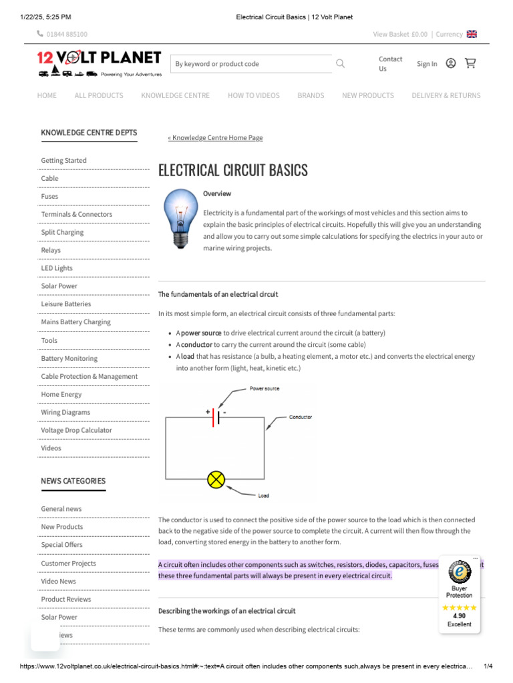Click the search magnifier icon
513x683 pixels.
coord(341,63)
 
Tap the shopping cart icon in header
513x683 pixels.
coord(470,63)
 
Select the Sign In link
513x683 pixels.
coord(427,64)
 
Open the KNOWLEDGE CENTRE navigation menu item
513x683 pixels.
coord(175,95)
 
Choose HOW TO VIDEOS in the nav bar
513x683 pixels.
coord(253,95)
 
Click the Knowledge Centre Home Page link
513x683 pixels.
coord(215,138)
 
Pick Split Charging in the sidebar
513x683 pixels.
coord(62,232)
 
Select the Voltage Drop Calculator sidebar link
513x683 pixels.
coord(76,430)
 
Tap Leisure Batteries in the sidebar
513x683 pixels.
coord(65,304)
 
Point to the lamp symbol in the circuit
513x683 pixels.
coord(216,480)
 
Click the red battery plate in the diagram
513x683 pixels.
coord(213,418)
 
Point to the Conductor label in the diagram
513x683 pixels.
coord(300,418)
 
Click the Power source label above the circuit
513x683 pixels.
coord(265,388)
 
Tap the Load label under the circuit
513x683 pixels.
coord(264,496)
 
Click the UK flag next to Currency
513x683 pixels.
coord(472,35)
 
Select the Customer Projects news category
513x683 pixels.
coord(68,563)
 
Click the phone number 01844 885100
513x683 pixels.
coord(67,35)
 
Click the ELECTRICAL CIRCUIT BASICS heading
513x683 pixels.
coord(233,170)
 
